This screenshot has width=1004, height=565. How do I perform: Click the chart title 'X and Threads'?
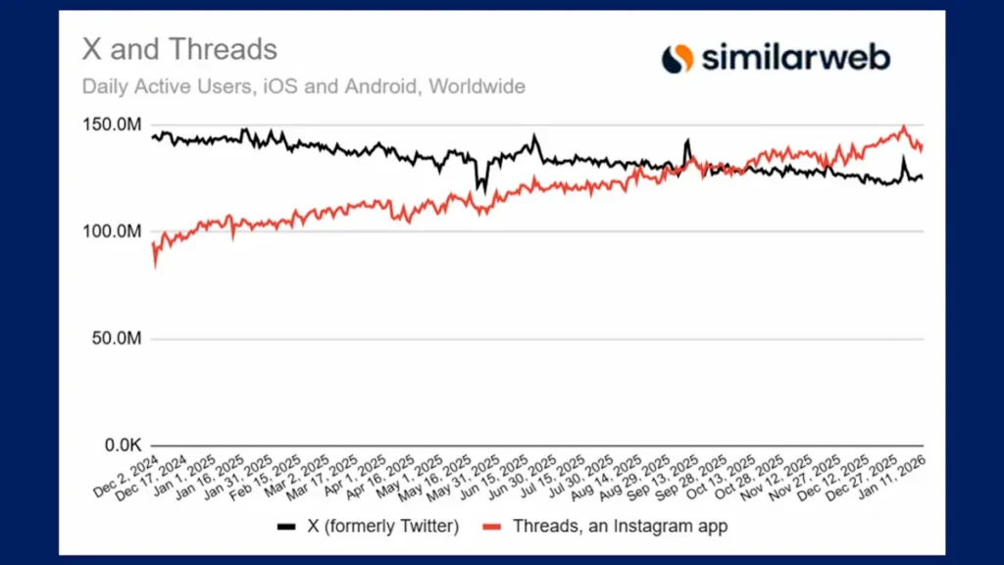(x=179, y=49)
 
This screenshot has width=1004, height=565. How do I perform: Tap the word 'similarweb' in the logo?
(x=795, y=58)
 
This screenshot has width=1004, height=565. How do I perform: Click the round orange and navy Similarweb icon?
(x=677, y=59)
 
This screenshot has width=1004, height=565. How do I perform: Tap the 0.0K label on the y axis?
(x=122, y=446)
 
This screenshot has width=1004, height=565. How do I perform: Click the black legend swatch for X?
(x=286, y=527)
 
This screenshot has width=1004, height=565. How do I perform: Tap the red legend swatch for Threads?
(x=494, y=527)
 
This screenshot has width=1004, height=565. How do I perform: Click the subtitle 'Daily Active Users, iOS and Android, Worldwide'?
(x=303, y=86)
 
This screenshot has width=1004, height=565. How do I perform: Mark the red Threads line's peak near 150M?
(x=903, y=127)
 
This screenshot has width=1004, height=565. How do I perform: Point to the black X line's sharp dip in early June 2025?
(x=479, y=188)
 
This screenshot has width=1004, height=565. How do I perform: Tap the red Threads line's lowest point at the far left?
(x=155, y=265)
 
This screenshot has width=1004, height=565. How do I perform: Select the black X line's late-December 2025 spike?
(x=904, y=159)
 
